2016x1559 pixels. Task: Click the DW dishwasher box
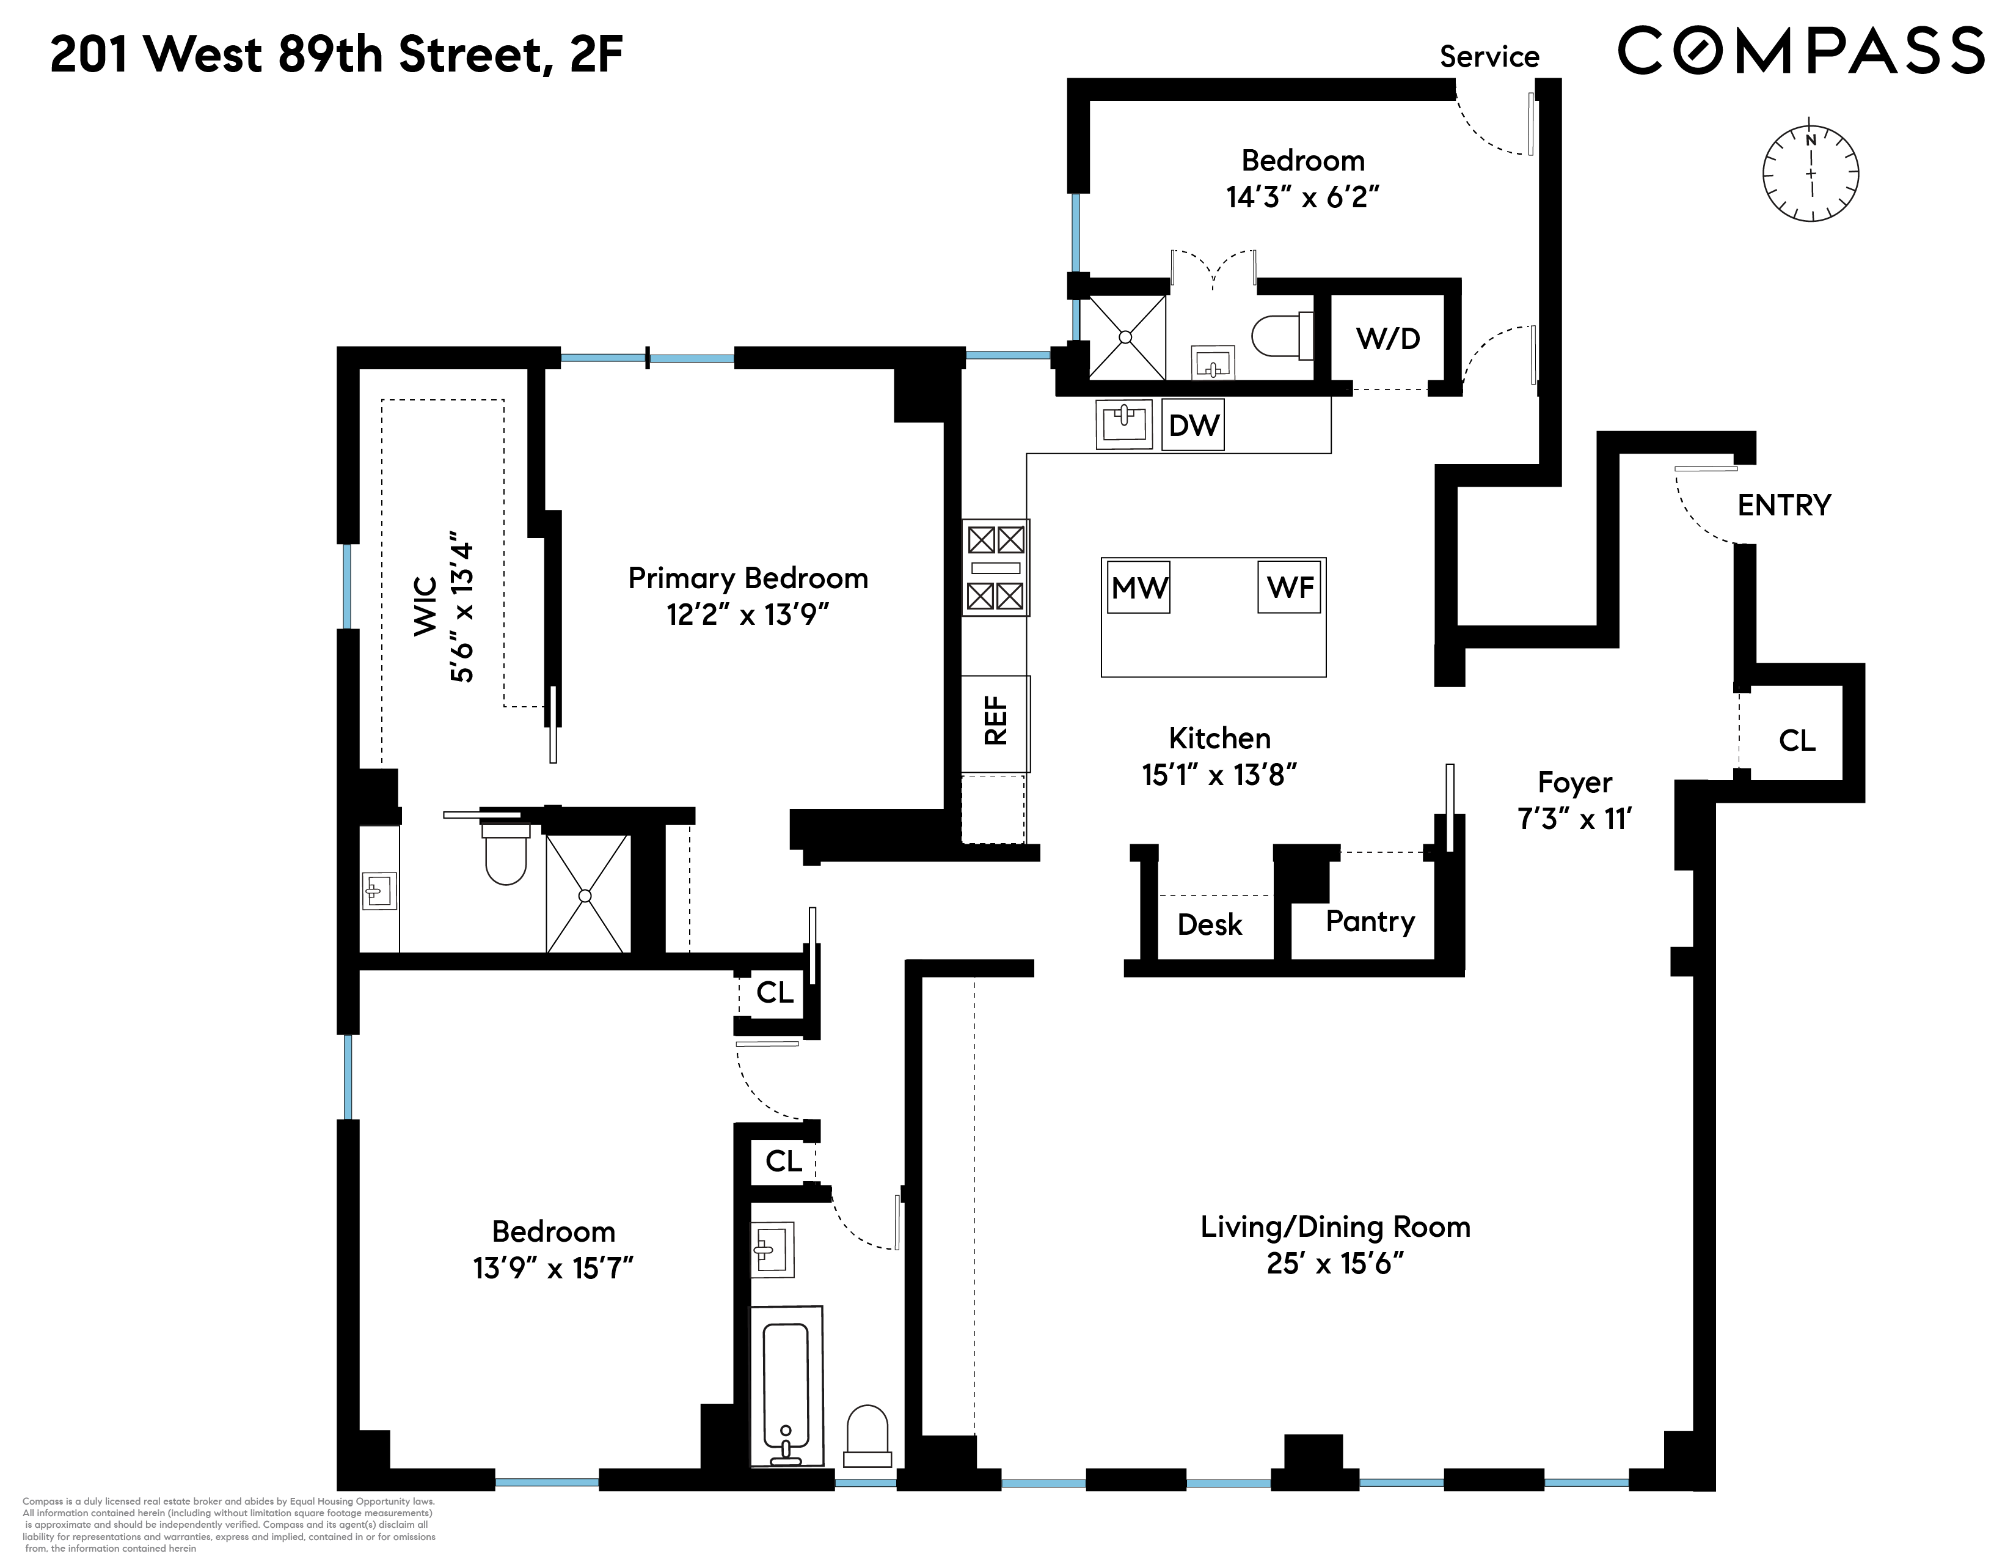pyautogui.click(x=1192, y=425)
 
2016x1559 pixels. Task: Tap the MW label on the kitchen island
pyautogui.click(x=1138, y=588)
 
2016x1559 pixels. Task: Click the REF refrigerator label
pyautogui.click(x=995, y=721)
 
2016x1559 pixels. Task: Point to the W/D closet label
pyautogui.click(x=1387, y=339)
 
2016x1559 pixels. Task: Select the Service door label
pyautogui.click(x=1489, y=57)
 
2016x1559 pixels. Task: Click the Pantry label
pyautogui.click(x=1370, y=922)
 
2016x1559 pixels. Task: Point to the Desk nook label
pyautogui.click(x=1209, y=924)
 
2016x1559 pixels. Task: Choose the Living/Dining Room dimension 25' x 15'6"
pyautogui.click(x=1335, y=1264)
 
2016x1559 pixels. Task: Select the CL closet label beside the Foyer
pyautogui.click(x=1796, y=741)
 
